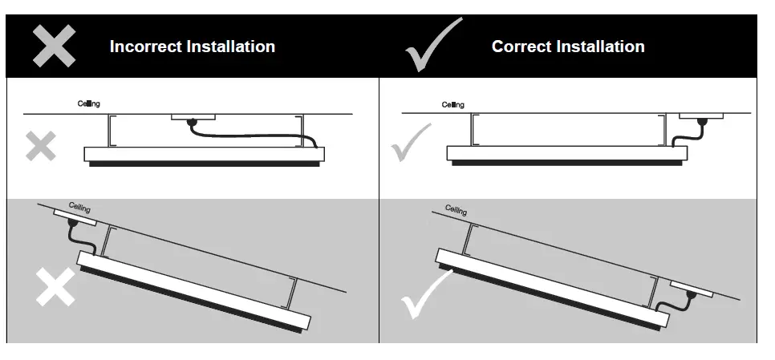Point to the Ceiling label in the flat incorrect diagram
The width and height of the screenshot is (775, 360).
click(89, 103)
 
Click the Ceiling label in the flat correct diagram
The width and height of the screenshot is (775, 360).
click(452, 105)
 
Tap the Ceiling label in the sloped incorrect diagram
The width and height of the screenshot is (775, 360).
click(79, 208)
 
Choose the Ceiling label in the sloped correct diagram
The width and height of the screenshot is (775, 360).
click(456, 210)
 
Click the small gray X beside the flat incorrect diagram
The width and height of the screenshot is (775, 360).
click(39, 147)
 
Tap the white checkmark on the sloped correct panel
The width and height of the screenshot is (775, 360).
click(425, 294)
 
